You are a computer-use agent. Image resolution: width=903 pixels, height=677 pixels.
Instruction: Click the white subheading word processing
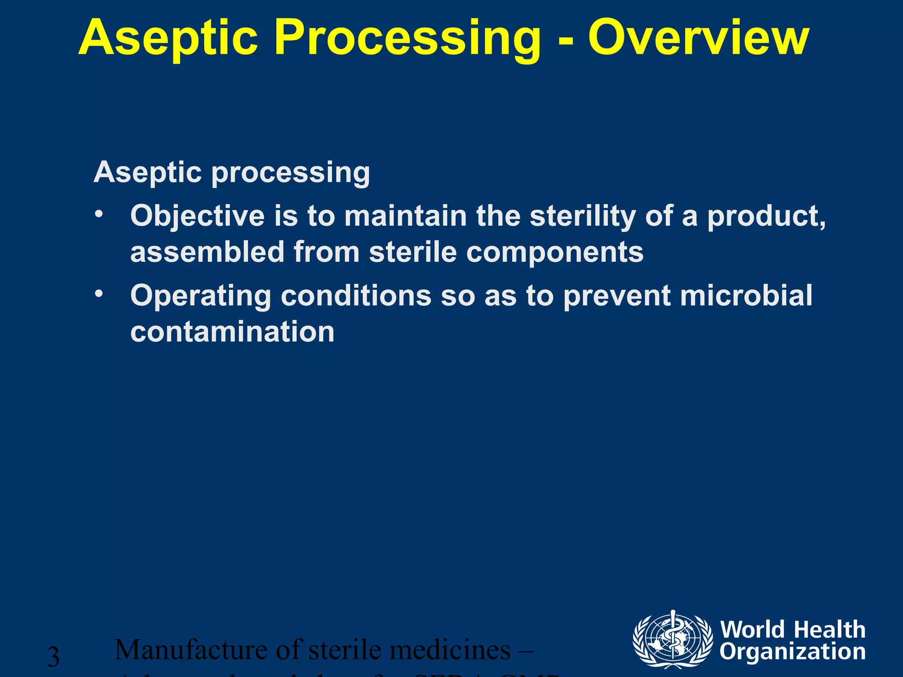[291, 173]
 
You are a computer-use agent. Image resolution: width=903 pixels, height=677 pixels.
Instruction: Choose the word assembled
[207, 252]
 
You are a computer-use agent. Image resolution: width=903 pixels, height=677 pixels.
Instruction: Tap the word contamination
[232, 331]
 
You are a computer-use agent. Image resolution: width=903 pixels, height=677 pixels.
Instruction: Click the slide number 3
[53, 657]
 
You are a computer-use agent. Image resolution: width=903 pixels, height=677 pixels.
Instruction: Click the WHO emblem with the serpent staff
[672, 639]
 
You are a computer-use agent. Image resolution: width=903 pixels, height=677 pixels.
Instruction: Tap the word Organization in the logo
[792, 652]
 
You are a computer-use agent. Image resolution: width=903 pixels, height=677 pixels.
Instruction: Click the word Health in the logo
[830, 629]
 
